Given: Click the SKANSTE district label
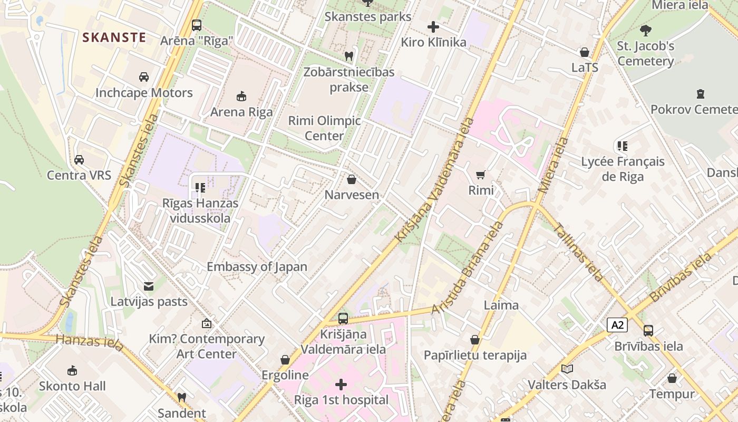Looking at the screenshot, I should [114, 37].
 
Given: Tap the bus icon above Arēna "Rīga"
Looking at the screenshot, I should [197, 25].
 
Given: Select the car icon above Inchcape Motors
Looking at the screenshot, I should [144, 77].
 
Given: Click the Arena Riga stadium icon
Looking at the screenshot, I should [241, 96].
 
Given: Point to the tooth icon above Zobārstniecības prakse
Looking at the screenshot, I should [348, 55].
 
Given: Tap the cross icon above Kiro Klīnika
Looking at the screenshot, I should [433, 27].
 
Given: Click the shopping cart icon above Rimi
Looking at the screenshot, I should [480, 175].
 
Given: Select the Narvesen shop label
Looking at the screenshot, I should [352, 195].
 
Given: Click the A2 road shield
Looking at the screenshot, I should [617, 325].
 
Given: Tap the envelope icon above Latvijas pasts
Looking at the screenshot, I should [149, 286].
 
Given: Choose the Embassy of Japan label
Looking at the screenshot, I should [257, 266].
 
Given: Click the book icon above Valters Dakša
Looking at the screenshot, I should [567, 369].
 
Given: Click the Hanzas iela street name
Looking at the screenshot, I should [90, 342].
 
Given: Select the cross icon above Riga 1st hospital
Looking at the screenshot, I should [341, 384].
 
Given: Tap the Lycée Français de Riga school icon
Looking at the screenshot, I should [623, 146].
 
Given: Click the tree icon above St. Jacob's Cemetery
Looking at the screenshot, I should [645, 31].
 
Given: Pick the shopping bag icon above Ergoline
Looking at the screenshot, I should [285, 360].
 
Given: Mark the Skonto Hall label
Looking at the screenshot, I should [72, 386].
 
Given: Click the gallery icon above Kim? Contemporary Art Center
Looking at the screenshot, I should [207, 323].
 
